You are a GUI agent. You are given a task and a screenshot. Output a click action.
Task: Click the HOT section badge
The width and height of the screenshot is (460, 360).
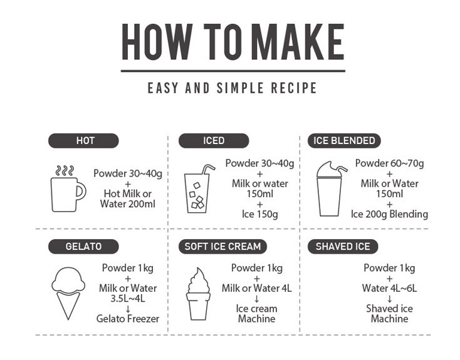coord(83,141)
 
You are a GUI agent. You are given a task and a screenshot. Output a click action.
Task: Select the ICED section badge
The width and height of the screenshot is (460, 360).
coord(214,141)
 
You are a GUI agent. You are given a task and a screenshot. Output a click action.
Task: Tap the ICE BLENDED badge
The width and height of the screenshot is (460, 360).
coord(344,141)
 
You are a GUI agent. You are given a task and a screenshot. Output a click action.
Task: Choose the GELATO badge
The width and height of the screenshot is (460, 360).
coord(83,246)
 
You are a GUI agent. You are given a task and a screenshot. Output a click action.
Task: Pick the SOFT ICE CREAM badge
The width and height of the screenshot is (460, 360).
coord(222,246)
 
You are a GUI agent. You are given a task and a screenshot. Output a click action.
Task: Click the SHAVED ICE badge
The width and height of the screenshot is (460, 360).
coord(343,246)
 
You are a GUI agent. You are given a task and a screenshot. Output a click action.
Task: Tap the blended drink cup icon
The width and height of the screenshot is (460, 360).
coord(332,189)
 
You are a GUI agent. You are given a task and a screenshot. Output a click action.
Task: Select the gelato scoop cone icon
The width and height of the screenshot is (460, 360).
coord(68,293)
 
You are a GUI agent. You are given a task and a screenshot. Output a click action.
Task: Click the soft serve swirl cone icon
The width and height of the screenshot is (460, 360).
coord(198,294)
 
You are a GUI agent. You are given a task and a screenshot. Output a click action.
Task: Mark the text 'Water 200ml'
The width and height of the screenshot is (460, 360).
coord(128,203)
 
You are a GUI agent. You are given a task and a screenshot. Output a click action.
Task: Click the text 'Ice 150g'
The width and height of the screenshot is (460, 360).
coord(259,214)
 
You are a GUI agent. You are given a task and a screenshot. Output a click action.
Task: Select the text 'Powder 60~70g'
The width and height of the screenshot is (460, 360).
coord(389,163)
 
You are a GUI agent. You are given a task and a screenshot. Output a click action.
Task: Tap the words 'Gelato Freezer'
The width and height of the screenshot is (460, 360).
coord(128,319)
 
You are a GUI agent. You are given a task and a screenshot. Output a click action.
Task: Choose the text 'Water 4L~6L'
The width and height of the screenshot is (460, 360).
coord(389,288)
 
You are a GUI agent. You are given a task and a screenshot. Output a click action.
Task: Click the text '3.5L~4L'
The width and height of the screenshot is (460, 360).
coord(128,299)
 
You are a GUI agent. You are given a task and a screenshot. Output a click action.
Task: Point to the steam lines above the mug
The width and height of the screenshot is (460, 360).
coord(65,171)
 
